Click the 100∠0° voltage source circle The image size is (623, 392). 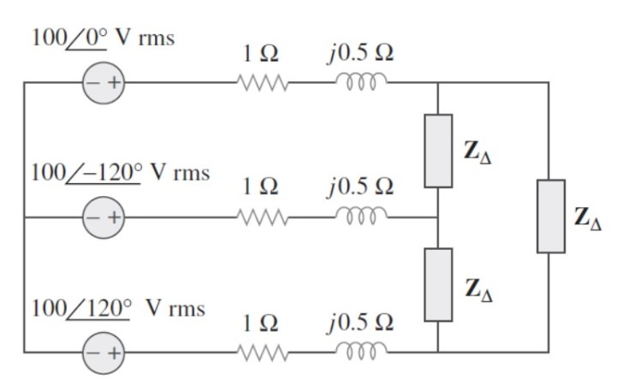click(102, 84)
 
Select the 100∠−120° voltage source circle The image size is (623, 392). click(102, 217)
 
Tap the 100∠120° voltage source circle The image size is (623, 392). click(102, 352)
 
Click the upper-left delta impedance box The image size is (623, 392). click(438, 151)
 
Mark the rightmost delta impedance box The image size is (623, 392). click(550, 217)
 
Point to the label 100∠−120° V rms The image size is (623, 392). click(120, 172)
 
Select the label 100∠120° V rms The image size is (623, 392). click(117, 307)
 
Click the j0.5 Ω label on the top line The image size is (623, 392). click(359, 52)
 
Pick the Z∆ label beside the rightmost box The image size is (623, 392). click(592, 219)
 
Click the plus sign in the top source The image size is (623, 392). click(110, 84)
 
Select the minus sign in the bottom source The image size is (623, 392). click(92, 352)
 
